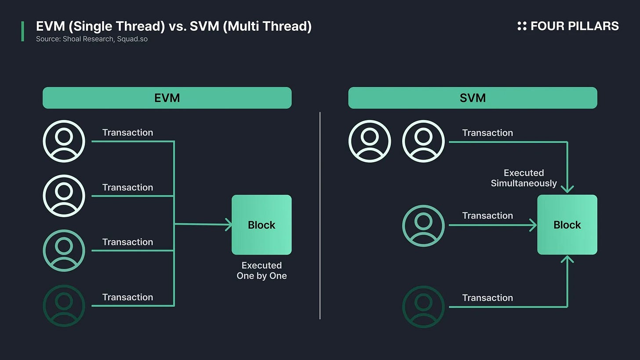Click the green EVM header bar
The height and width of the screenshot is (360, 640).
pyautogui.click(x=167, y=98)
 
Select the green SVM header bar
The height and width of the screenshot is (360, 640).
pyautogui.click(x=473, y=98)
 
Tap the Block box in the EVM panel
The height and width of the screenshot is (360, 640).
pyautogui.click(x=262, y=225)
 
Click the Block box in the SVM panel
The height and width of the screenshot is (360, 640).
pyautogui.click(x=567, y=225)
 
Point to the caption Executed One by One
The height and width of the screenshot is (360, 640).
pyautogui.click(x=262, y=271)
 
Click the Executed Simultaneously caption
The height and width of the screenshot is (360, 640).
pyautogui.click(x=524, y=178)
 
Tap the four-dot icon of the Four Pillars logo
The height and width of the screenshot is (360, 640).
pyautogui.click(x=522, y=26)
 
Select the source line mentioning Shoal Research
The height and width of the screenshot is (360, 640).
pyautogui.click(x=92, y=39)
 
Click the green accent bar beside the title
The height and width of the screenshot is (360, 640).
pyautogui.click(x=22, y=31)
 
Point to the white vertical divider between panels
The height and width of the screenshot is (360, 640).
pyautogui.click(x=320, y=215)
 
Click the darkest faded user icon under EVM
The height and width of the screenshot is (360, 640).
pyautogui.click(x=64, y=305)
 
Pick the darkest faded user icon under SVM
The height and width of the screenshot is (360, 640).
pyautogui.click(x=423, y=306)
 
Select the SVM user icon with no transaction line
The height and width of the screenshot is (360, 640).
pyautogui.click(x=370, y=142)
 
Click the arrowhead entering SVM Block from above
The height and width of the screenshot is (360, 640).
pyautogui.click(x=567, y=189)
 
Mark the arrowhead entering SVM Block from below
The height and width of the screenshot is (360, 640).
pyautogui.click(x=567, y=259)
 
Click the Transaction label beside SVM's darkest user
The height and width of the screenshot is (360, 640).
pyautogui.click(x=487, y=298)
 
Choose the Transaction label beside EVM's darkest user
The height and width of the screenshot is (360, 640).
pyautogui.click(x=127, y=297)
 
